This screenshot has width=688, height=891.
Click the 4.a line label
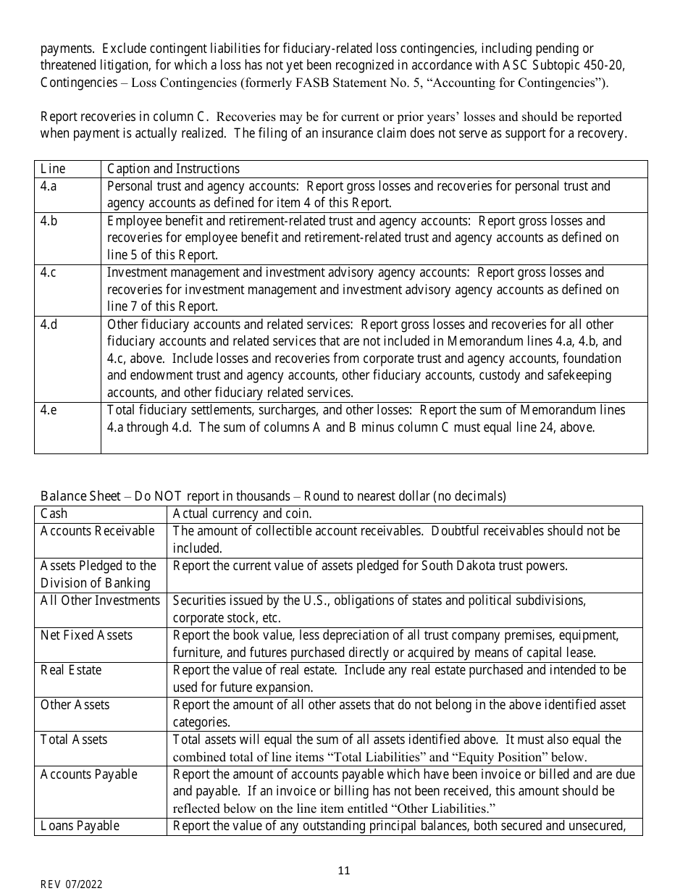(x=49, y=186)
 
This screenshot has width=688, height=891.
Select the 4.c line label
(x=49, y=272)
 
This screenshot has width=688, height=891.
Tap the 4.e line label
(x=49, y=410)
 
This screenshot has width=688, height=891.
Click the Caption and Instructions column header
(x=173, y=169)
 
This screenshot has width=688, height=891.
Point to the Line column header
(x=53, y=169)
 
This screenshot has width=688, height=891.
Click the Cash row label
(x=54, y=514)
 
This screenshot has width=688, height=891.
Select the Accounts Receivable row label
(x=97, y=531)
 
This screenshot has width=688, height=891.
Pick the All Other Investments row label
(x=100, y=601)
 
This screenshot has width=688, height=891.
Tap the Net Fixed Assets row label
(x=86, y=635)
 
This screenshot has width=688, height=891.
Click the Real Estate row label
(x=71, y=670)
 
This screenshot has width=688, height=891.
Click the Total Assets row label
(x=74, y=740)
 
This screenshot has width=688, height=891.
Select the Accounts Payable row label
(x=88, y=774)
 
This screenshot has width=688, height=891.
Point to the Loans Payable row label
(x=80, y=826)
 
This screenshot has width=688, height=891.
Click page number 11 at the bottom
(x=344, y=870)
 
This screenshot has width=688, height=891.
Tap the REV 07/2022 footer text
(x=71, y=884)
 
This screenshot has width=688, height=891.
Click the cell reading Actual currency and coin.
(x=242, y=514)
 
